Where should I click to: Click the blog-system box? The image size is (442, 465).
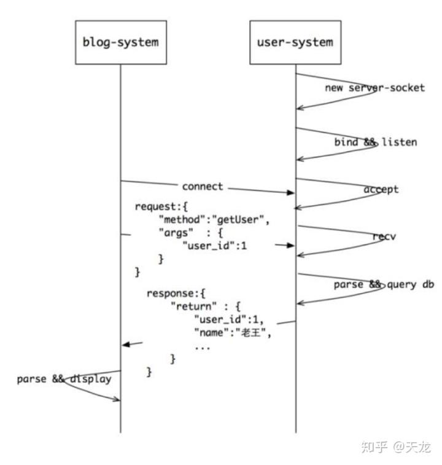click(x=120, y=42)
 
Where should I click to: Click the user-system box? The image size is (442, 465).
click(x=295, y=42)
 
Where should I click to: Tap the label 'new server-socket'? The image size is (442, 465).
click(x=374, y=88)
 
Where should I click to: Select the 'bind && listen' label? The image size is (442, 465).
click(x=375, y=143)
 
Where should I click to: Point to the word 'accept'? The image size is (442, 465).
click(x=381, y=189)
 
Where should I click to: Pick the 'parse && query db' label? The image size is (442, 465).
click(x=384, y=285)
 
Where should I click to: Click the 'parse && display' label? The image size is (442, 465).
click(x=64, y=379)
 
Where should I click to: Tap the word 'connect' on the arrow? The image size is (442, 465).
click(x=203, y=186)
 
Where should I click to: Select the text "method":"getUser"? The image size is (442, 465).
click(x=214, y=219)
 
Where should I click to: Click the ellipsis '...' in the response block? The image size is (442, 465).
click(x=202, y=346)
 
